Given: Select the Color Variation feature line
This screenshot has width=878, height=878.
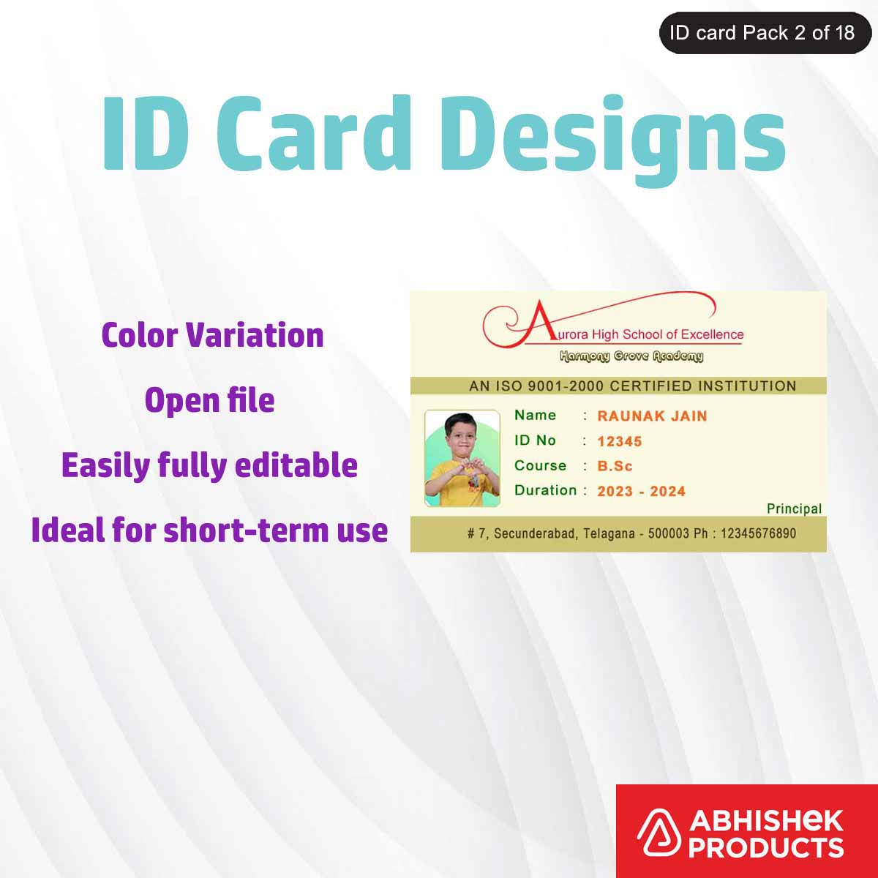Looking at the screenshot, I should pos(212,335).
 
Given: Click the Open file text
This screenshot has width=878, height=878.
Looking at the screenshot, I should pos(209,400).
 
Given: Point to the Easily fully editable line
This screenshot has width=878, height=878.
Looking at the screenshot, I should pos(209,465).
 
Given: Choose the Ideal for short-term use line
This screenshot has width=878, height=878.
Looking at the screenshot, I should pos(209,530).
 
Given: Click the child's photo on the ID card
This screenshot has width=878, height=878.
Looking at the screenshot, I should pos(462,459).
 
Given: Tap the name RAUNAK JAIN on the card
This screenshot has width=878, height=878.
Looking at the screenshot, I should pos(652,416).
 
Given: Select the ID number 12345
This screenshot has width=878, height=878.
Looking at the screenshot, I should pos(619,441).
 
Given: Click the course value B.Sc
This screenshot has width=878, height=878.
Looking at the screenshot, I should pos(615,466).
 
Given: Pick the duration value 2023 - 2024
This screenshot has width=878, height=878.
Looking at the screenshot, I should pos(641,491).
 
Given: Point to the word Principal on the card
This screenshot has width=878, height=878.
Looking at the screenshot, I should pos(794,509).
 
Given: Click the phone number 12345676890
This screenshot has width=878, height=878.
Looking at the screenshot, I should pos(758,533).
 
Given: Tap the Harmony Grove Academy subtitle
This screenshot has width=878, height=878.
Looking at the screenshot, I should pos(631,356).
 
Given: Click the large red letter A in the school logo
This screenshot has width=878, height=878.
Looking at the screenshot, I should pos(539,323).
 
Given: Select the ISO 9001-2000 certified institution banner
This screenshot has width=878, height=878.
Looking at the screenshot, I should pos(618,386).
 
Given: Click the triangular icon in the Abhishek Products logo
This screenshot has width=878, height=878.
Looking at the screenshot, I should pos(657,833).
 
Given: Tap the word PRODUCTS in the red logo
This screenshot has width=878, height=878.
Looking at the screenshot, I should pos(765,848).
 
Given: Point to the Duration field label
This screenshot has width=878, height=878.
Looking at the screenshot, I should pos(545,490).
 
